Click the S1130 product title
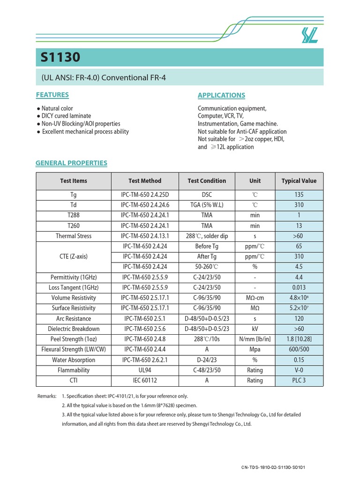pyautogui.click(x=60, y=57)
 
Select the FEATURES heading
pyautogui.click(x=52, y=95)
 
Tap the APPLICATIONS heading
pyautogui.click(x=221, y=95)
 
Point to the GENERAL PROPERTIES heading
pyautogui.click(x=72, y=163)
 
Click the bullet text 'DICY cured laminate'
pyautogui.click(x=66, y=116)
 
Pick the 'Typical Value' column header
pyautogui.click(x=299, y=180)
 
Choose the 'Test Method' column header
pyautogui.click(x=145, y=180)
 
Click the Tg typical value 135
pyautogui.click(x=299, y=195)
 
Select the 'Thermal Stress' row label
pyautogui.click(x=74, y=236)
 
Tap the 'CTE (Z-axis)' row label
pyautogui.click(x=74, y=256)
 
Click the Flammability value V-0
pyautogui.click(x=299, y=370)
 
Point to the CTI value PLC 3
pyautogui.click(x=299, y=380)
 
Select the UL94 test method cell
pyautogui.click(x=145, y=370)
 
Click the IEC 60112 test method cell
pyautogui.click(x=145, y=380)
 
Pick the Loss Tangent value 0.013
pyautogui.click(x=299, y=287)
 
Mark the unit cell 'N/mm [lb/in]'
pyautogui.click(x=255, y=339)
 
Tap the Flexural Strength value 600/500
pyautogui.click(x=299, y=349)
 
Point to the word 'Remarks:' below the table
pyautogui.click(x=47, y=396)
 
